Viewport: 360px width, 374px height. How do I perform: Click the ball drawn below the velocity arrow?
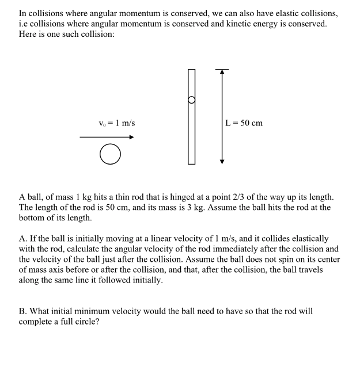110,154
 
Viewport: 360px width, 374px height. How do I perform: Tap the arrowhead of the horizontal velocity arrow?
131,137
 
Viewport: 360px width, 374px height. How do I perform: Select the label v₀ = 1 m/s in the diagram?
116,123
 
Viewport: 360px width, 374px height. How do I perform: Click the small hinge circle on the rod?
191,100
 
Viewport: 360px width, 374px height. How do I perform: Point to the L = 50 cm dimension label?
244,123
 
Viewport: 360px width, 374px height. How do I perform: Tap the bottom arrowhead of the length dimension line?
222,162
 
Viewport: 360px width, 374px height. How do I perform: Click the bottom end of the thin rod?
191,163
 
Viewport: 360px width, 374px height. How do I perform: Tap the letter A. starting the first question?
24,238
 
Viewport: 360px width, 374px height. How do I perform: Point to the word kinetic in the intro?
257,24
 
